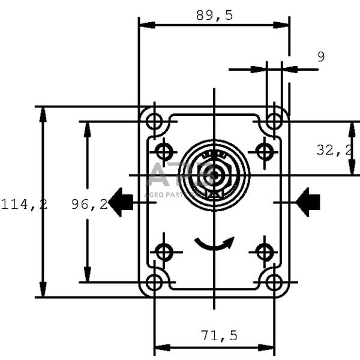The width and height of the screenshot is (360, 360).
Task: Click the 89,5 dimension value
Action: pyautogui.click(x=214, y=16)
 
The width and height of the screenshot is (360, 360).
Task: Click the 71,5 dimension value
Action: pyautogui.click(x=220, y=335)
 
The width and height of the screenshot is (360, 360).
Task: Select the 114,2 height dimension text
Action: pyautogui.click(x=23, y=205)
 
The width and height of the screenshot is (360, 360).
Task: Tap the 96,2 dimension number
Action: pyautogui.click(x=89, y=205)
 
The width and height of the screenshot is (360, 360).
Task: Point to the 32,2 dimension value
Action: pyautogui.click(x=334, y=150)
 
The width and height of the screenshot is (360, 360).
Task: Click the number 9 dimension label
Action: pyautogui.click(x=321, y=57)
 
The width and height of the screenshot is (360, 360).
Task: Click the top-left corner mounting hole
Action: pyautogui.click(x=154, y=122)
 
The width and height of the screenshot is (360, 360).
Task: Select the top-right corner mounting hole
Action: pyautogui.click(x=274, y=122)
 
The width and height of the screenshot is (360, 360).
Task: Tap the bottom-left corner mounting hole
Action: pyautogui.click(x=154, y=282)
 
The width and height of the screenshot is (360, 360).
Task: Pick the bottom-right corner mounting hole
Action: pyautogui.click(x=274, y=282)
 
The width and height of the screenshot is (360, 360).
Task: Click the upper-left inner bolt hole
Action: pyautogui.click(x=164, y=151)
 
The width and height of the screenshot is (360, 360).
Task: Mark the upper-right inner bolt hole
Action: pyautogui.click(x=265, y=151)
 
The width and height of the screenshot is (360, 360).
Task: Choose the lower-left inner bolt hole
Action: pyautogui.click(x=164, y=252)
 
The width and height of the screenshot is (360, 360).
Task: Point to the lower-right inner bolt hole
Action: pyautogui.click(x=265, y=252)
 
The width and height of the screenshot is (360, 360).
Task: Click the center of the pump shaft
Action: pyautogui.click(x=214, y=175)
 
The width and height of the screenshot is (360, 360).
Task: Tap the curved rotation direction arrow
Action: pyautogui.click(x=214, y=244)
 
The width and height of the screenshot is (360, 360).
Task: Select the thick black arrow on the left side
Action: pyautogui.click(x=122, y=202)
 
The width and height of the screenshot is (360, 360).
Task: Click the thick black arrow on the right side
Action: pyautogui.click(x=308, y=202)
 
